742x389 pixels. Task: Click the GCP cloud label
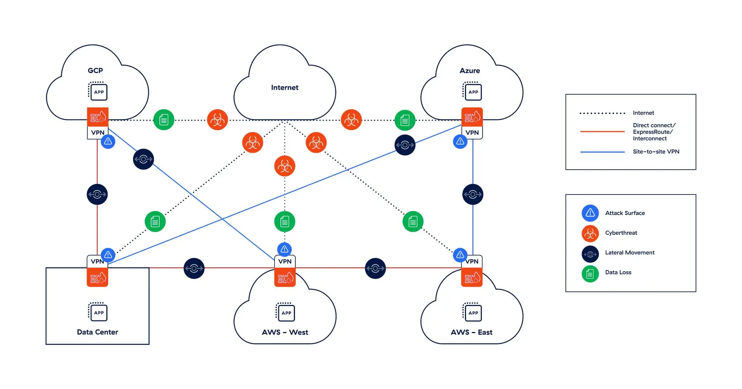click(x=95, y=70)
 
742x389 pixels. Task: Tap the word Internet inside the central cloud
click(x=284, y=87)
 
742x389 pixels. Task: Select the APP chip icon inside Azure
click(x=473, y=92)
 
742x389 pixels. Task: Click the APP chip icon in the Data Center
click(x=98, y=312)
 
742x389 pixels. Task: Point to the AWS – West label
click(x=285, y=332)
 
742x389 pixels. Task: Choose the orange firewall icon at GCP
click(x=97, y=117)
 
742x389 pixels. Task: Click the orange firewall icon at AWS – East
click(x=472, y=277)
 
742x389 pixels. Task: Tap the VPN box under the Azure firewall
click(x=472, y=133)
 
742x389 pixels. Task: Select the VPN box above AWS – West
click(x=285, y=261)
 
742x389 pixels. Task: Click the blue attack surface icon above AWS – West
click(x=284, y=249)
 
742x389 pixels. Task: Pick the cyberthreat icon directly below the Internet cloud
click(x=284, y=166)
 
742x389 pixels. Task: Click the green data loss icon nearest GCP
click(x=163, y=120)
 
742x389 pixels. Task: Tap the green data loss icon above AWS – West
click(x=284, y=222)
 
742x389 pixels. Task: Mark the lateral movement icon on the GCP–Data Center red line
click(x=97, y=194)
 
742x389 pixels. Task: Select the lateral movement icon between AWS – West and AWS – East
click(x=375, y=268)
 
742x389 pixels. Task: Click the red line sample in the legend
click(x=602, y=132)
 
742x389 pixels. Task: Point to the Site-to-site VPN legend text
click(x=656, y=152)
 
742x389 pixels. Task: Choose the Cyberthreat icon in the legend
click(x=590, y=233)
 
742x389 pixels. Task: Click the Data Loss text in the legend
click(x=618, y=272)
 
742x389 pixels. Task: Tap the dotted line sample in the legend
click(x=602, y=113)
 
